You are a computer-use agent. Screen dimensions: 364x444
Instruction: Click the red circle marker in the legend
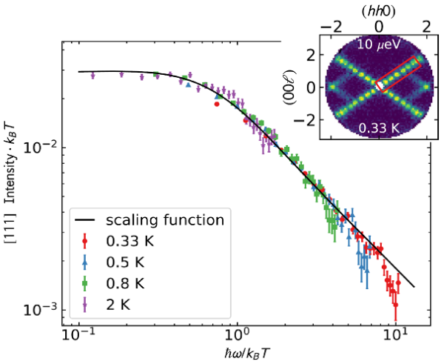[87, 241]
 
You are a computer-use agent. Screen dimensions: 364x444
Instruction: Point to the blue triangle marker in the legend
[87, 262]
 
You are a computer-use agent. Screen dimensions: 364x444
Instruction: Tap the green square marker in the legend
[87, 283]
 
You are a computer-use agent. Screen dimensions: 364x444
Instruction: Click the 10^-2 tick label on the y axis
[44, 148]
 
